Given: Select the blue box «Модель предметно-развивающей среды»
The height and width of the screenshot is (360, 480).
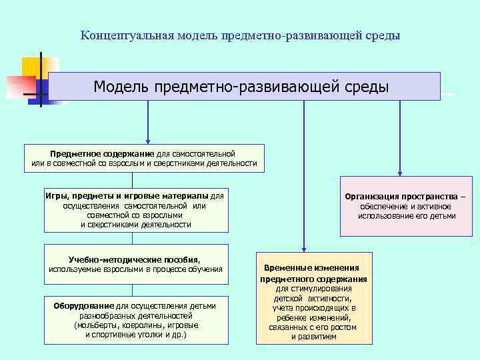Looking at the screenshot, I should [x=244, y=87].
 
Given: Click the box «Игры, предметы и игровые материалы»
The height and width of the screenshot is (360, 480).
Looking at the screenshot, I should [x=135, y=211].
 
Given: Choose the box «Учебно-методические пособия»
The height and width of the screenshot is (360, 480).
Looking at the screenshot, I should [x=135, y=263].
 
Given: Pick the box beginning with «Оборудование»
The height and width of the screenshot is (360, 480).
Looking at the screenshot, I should [x=135, y=320].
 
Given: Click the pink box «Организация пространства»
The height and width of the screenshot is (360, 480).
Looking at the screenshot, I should [x=406, y=206].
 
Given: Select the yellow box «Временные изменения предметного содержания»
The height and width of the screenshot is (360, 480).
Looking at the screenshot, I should [x=314, y=298].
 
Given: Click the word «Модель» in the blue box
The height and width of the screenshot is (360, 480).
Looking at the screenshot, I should [x=121, y=87].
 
